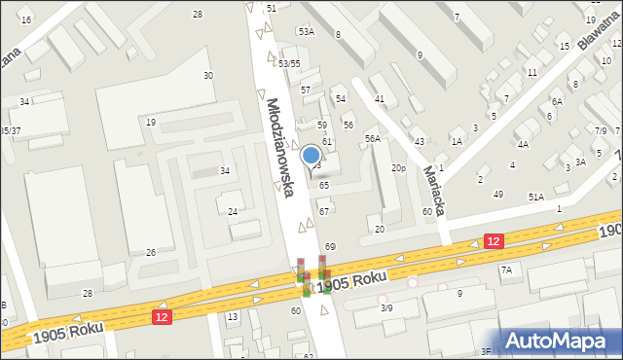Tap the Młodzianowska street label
pos(277,146)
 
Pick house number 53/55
pos(288,63)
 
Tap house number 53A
pos(306,32)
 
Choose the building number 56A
pos(372,139)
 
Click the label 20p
pos(398,168)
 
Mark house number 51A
pos(535,197)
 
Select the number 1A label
pos(456,141)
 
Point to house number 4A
pos(523,145)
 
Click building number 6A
pos(557,101)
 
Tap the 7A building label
pos(506,270)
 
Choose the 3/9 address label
pos(386,307)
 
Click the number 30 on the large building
pos(207,75)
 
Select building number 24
pos(234,211)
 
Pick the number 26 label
pos(151,253)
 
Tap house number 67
pos(324,211)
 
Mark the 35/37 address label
pos(10,130)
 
